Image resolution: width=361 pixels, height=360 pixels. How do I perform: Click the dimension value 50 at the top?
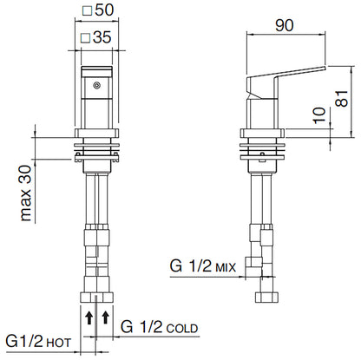(x=104, y=10)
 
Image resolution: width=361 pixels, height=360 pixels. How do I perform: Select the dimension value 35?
(x=102, y=37)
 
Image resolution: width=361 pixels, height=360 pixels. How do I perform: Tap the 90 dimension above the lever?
(x=285, y=25)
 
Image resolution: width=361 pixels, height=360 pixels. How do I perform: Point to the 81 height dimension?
(x=343, y=98)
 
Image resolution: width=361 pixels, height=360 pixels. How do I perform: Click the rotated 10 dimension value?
(x=319, y=115)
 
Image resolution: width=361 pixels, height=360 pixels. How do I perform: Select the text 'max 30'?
(x=26, y=193)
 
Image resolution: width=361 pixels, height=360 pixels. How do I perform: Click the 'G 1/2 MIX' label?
(x=203, y=265)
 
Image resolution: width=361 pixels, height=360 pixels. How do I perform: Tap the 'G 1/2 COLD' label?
(x=160, y=327)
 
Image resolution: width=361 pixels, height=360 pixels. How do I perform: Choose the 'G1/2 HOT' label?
(x=38, y=342)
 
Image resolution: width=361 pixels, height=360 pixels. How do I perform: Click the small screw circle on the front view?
(x=96, y=85)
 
